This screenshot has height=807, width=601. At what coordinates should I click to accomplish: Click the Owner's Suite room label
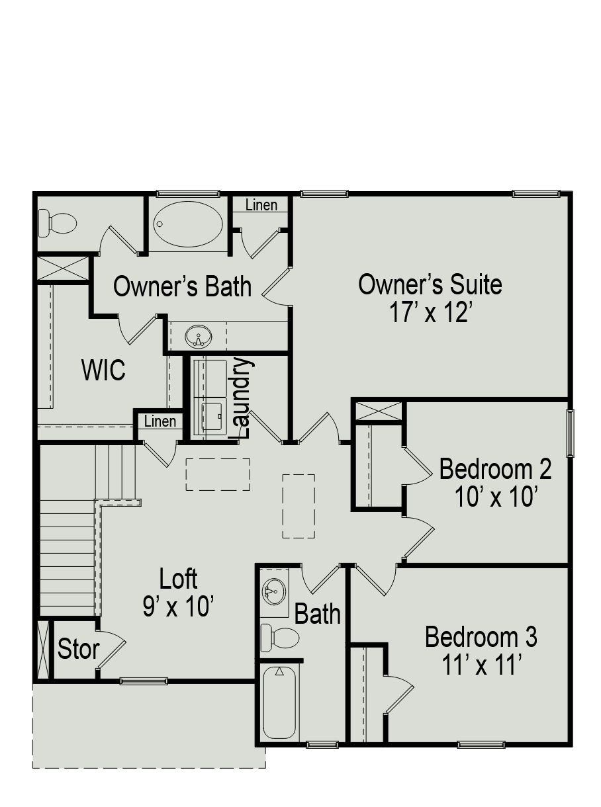(430, 284)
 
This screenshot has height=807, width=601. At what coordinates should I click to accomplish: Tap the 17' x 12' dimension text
(430, 312)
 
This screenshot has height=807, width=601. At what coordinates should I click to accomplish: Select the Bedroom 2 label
(495, 469)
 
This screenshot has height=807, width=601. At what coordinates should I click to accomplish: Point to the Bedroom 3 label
(481, 637)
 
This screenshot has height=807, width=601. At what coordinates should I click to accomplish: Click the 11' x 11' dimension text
(481, 665)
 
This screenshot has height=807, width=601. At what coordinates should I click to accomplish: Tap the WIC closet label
(103, 370)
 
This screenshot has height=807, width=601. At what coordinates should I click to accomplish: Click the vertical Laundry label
(243, 398)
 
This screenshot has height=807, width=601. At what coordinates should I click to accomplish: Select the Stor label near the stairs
(78, 650)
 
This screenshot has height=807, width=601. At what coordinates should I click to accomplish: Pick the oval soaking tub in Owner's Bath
(189, 224)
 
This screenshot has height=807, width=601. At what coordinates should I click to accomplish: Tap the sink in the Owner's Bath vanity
(198, 337)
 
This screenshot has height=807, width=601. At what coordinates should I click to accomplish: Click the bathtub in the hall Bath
(279, 703)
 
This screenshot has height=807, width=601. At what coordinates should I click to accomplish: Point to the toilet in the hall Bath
(279, 638)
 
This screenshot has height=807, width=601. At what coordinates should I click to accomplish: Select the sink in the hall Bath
(274, 589)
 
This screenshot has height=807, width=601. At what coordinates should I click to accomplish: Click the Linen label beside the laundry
(160, 421)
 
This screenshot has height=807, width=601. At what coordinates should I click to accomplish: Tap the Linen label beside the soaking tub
(261, 205)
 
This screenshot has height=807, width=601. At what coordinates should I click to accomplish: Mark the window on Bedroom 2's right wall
(570, 433)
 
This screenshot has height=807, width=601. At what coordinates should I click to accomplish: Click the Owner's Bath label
(182, 287)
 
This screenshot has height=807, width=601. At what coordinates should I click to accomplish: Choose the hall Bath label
(317, 614)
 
